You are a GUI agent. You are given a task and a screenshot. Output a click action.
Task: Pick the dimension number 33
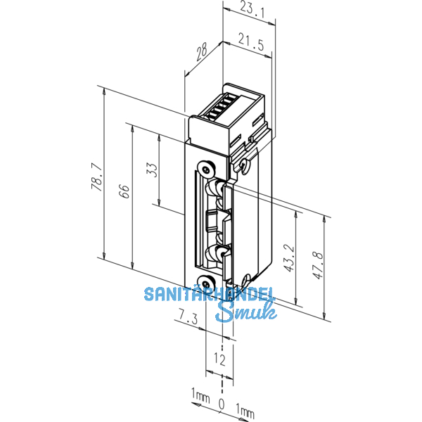pos(153,170)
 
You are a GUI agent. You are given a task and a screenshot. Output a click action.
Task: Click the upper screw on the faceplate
pos(205,169)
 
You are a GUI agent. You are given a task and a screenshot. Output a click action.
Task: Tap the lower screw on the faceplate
pos(207,283)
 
